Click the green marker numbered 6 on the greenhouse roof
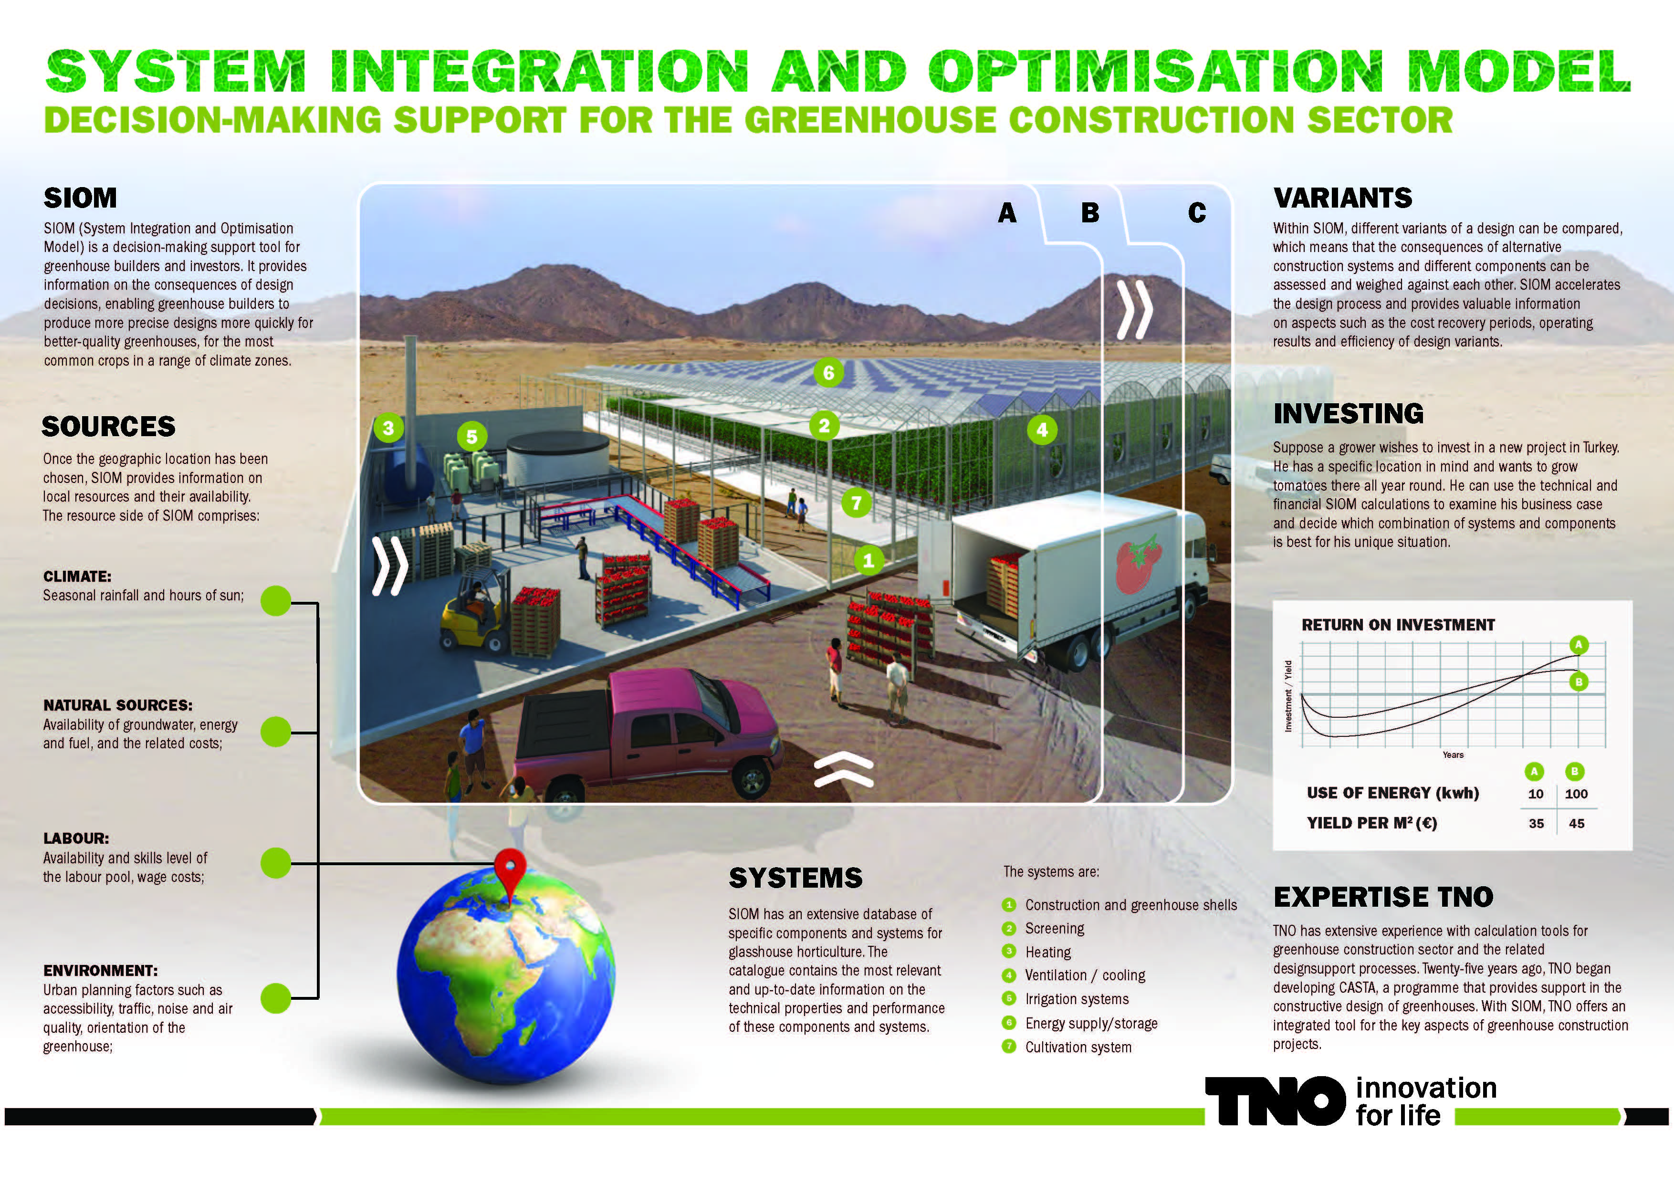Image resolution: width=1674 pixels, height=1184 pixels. [x=828, y=373]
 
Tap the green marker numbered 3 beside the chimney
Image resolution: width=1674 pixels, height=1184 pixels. [x=388, y=428]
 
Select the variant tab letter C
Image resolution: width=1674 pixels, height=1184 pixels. [x=1196, y=212]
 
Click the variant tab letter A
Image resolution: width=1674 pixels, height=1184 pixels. [x=1007, y=212]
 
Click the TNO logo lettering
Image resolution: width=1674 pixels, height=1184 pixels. [x=1275, y=1101]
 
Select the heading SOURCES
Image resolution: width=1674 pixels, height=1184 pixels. [x=109, y=427]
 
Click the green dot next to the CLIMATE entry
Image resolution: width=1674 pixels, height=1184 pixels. [x=276, y=601]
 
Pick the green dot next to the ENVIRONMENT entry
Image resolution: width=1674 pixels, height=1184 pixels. [x=276, y=998]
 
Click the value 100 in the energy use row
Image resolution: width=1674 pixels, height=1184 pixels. [x=1576, y=794]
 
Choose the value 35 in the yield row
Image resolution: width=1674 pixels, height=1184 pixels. [x=1536, y=824]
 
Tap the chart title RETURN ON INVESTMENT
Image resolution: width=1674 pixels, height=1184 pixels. [x=1398, y=625]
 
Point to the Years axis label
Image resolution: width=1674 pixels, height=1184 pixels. [x=1453, y=754]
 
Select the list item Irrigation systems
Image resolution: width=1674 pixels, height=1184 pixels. [x=1077, y=999]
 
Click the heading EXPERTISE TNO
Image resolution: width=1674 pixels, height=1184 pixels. [x=1383, y=897]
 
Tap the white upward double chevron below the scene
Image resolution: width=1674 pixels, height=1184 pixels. [x=844, y=771]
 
